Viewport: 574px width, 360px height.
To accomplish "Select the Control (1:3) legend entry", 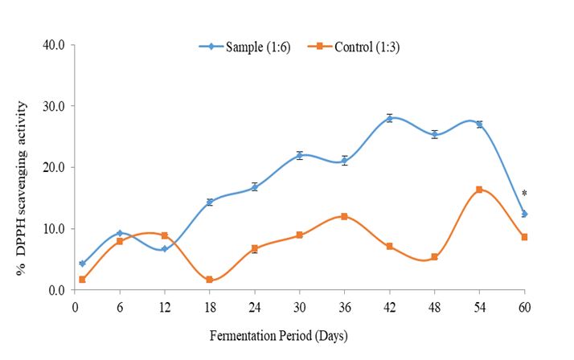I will [354, 47].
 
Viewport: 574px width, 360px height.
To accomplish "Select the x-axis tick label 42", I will [389, 305].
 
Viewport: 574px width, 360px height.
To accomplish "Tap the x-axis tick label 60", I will [524, 305].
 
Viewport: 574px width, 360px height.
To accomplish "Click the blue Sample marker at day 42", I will [389, 118].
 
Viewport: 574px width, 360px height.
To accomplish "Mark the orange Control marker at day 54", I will [479, 190].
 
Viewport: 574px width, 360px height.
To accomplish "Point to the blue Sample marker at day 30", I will [299, 155].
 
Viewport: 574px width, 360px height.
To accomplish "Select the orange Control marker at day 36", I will [344, 216].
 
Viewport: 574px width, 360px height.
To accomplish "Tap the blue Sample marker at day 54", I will [479, 125].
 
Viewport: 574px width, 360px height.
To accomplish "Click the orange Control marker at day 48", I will [434, 257].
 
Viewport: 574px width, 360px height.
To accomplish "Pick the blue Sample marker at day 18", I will [209, 202].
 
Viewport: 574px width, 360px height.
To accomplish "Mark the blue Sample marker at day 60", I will [524, 214].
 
